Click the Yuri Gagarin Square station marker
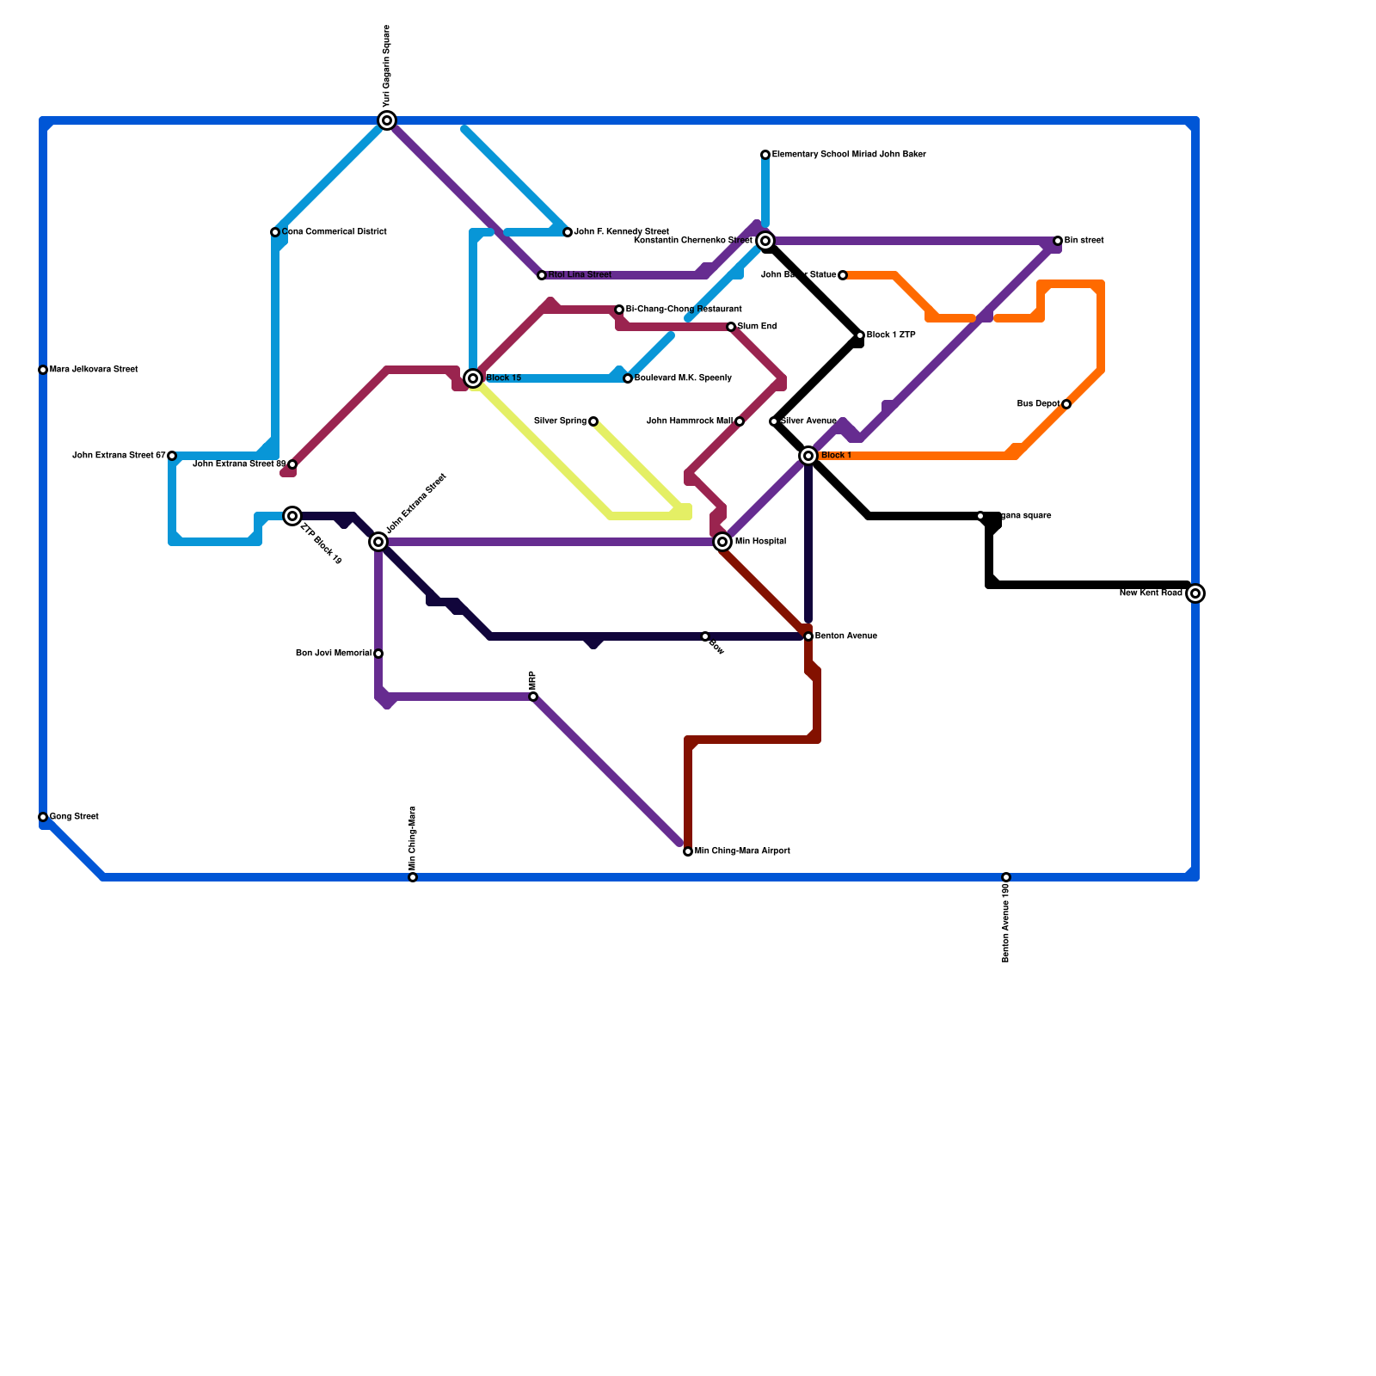pos(387,120)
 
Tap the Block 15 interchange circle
pos(473,378)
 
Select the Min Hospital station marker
pos(722,542)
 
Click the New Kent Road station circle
pos(1195,593)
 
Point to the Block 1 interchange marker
pos(808,456)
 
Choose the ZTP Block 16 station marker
pos(292,516)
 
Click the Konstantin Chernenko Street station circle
pos(765,241)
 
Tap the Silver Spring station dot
pos(593,421)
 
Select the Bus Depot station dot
pos(1066,404)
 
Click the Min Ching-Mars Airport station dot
pos(688,851)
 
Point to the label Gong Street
pos(74,817)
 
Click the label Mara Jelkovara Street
pos(94,370)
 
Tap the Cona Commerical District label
pos(334,232)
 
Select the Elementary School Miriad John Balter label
pos(849,155)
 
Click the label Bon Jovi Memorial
pos(334,654)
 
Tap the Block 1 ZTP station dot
pos(860,335)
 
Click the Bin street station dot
pos(1058,241)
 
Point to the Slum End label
pos(757,327)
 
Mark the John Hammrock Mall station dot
pos(740,421)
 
